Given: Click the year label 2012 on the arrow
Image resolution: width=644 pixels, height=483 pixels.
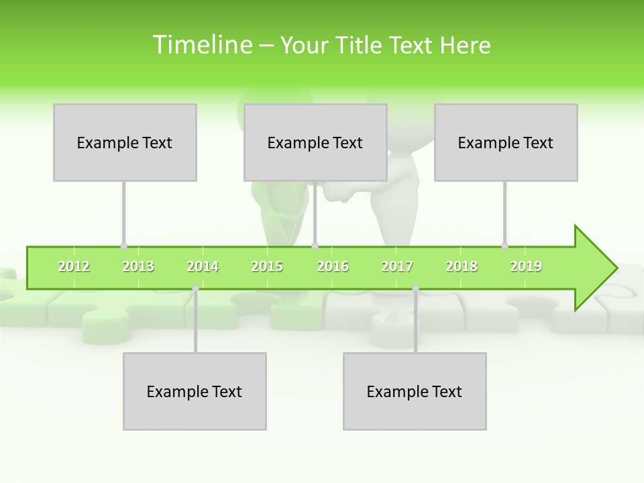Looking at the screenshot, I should [x=74, y=267].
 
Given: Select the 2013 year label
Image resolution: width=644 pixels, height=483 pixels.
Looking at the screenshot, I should [x=138, y=267].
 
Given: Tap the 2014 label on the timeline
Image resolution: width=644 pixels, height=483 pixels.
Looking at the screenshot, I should [x=203, y=267].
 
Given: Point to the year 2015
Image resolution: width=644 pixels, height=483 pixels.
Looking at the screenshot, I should [x=267, y=267].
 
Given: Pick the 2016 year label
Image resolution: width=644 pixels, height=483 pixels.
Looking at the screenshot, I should [x=333, y=267].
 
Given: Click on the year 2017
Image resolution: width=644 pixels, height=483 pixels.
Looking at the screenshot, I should [x=397, y=267].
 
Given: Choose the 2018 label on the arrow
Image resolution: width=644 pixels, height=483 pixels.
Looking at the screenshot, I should [x=462, y=267].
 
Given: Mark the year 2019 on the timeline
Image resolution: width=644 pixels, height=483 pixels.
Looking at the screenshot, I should [x=526, y=267].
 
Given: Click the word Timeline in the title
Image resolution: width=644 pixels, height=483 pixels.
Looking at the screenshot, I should [x=202, y=45].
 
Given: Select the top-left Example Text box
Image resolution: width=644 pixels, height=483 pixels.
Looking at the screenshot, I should [x=125, y=142].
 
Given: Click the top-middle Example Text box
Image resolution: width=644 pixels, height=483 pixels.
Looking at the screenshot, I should [x=315, y=142].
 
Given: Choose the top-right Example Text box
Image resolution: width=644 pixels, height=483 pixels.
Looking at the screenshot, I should [x=506, y=142].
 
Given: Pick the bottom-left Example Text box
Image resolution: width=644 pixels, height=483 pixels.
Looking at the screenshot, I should [x=195, y=391].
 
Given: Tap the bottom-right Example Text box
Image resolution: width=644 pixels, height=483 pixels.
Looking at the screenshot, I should [x=415, y=391].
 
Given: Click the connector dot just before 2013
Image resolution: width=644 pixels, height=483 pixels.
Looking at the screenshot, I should [x=123, y=246].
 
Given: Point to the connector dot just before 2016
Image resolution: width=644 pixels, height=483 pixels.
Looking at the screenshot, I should [x=315, y=246].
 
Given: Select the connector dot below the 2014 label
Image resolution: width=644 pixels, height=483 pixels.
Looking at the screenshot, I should [x=195, y=288].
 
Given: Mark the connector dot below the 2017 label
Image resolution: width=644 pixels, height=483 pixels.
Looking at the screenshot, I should [x=415, y=288].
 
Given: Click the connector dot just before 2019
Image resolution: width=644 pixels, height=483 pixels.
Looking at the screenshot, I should [x=504, y=246].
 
